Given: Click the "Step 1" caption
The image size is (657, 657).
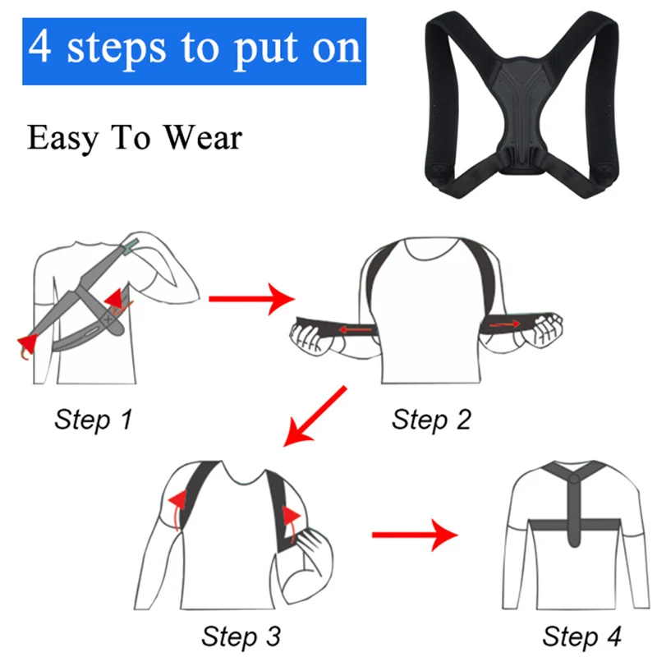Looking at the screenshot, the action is (93, 419).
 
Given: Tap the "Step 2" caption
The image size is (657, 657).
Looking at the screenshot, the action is (431, 419).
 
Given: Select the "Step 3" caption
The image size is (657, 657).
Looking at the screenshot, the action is (241, 636).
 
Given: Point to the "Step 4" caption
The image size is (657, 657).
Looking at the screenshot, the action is (581, 636).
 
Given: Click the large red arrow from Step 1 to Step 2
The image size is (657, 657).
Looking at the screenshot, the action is (251, 299).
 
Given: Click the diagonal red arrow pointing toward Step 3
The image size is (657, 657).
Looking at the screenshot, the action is (315, 416).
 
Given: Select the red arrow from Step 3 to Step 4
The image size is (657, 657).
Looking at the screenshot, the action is (415, 535).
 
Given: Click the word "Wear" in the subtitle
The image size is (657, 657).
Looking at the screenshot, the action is (203, 137).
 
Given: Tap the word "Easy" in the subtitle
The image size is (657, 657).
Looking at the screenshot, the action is (63, 139).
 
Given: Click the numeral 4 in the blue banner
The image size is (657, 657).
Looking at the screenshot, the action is (40, 47).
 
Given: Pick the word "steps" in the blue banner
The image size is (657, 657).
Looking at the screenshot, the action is (116, 50).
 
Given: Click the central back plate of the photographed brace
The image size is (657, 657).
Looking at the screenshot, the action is (522, 113).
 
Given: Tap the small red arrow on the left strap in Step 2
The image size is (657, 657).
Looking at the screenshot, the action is (356, 329).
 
